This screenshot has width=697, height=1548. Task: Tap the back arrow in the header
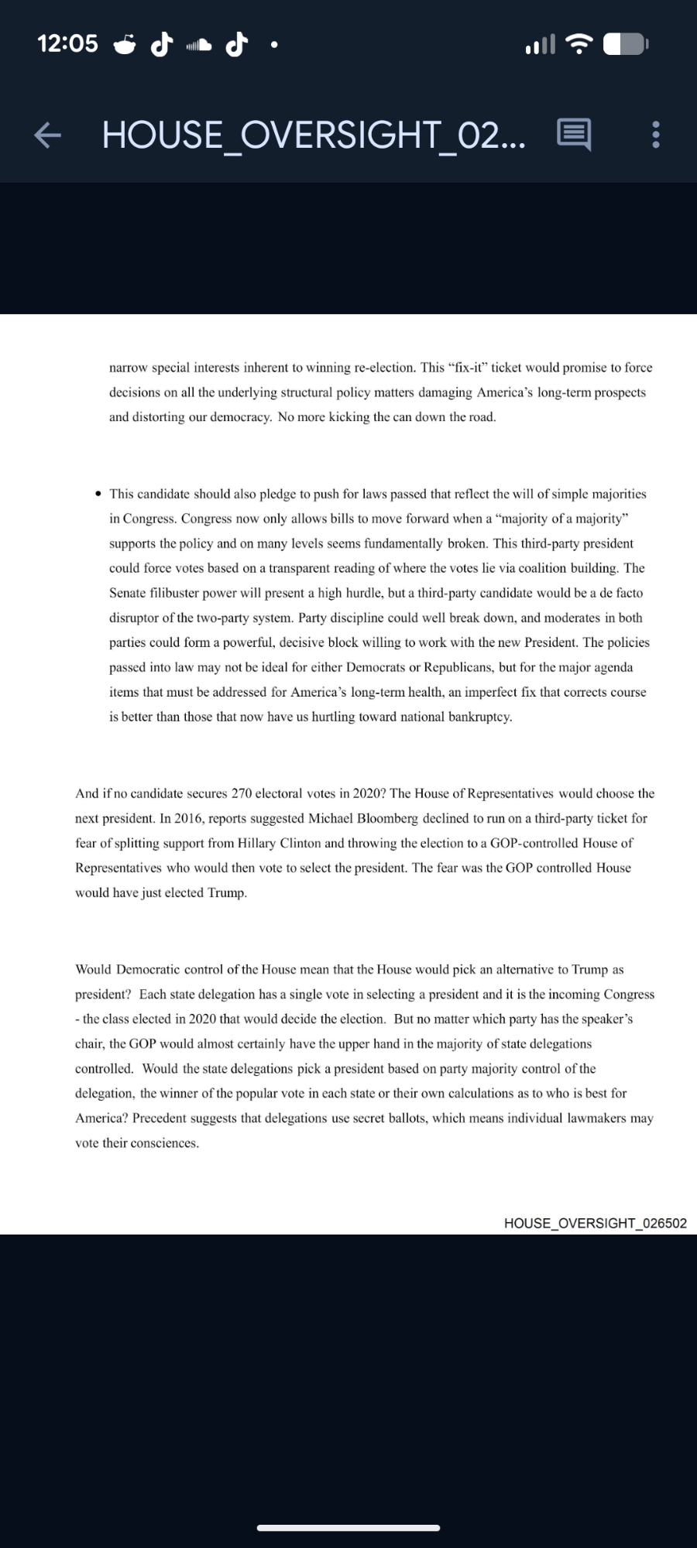tap(47, 135)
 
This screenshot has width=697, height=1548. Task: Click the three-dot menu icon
tap(656, 135)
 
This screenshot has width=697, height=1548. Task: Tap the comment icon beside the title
tap(574, 135)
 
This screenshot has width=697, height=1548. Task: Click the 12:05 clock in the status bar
tap(68, 43)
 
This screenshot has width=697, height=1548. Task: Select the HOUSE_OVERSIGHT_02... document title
tap(313, 135)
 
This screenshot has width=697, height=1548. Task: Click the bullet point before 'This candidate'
tap(98, 494)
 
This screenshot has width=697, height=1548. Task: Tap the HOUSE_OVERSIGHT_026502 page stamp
tap(595, 1223)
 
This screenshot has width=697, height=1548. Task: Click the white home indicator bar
tap(348, 1528)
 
